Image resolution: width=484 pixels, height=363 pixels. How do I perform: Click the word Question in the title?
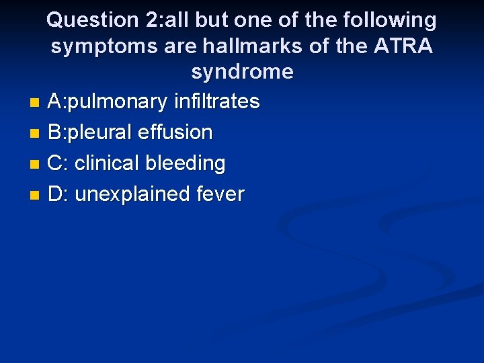coord(93,21)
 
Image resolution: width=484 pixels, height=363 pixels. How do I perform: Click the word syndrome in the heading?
coord(242,72)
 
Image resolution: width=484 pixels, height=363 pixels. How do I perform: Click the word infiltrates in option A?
coord(216,102)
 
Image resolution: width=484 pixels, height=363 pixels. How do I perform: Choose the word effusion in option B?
coord(175,132)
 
